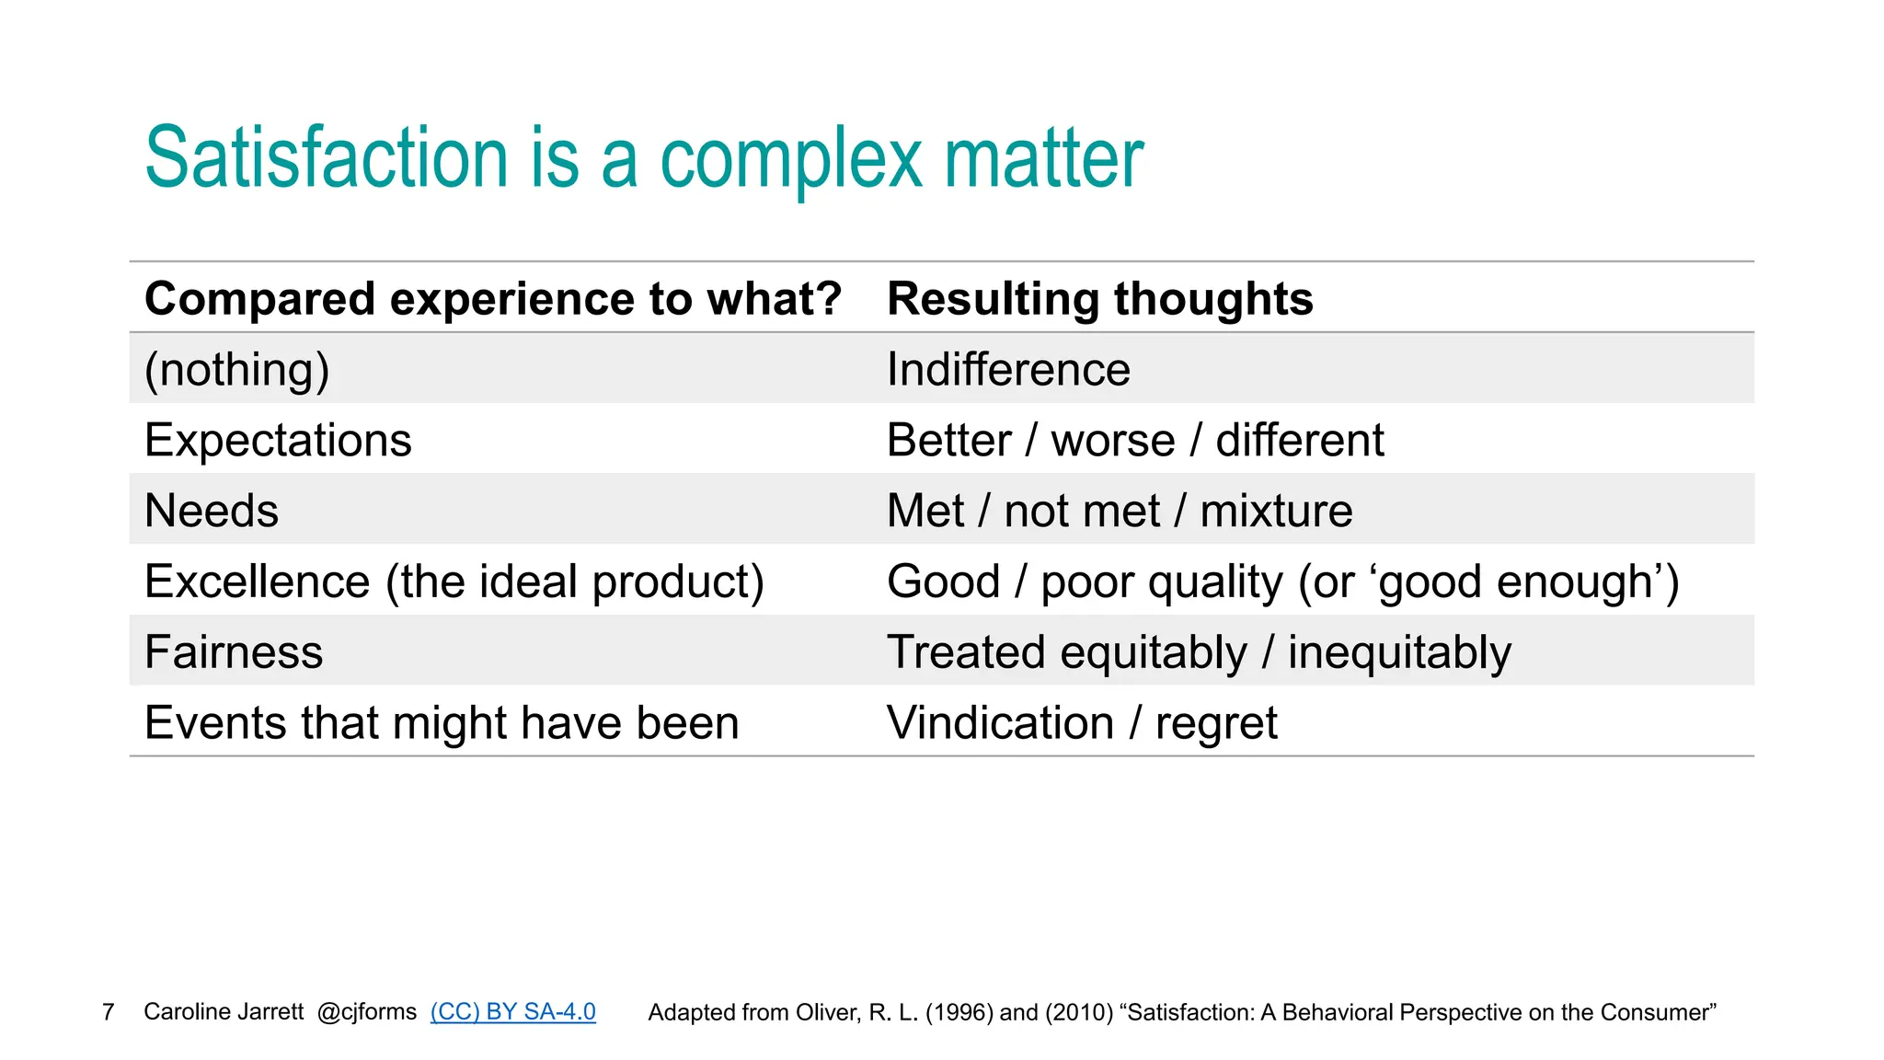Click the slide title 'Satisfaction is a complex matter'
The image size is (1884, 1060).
coord(644,158)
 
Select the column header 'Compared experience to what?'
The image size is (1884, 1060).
coord(493,299)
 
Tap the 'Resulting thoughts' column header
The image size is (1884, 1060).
coord(1099,299)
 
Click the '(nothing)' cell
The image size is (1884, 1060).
coord(237,370)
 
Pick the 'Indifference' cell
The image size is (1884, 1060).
coord(1008,370)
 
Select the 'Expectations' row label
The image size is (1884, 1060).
coord(278,440)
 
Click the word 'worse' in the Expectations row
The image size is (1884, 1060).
coord(1113,441)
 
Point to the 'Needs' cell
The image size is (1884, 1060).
coord(212,511)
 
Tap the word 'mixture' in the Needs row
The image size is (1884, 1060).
coord(1276,511)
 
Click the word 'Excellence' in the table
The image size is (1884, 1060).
coord(258,582)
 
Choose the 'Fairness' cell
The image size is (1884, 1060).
coord(234,652)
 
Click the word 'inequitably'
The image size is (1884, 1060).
coord(1398,652)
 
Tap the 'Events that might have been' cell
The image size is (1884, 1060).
coord(442,723)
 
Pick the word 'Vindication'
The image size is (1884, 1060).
coord(1001,723)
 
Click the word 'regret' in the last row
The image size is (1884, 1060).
coord(1216,724)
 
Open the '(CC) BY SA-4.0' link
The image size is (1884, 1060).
coord(512,1012)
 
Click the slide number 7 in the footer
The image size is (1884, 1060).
coord(109,1012)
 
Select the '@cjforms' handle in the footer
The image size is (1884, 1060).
coord(366,1012)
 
